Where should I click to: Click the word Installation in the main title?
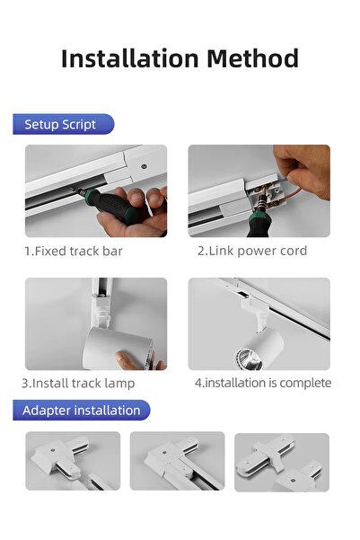coord(130,58)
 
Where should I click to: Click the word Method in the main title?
coord(252,58)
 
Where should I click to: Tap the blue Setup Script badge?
coord(64,124)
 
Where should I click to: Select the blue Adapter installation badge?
coord(81,410)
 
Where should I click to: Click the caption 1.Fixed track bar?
coord(74,251)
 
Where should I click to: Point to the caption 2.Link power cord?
coord(252,251)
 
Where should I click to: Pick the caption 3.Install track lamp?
coord(78,383)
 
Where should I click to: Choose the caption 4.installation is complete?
coord(263,383)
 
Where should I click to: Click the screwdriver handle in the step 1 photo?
coord(114,206)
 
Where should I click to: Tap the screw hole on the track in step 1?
coord(145,166)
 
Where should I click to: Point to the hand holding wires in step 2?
coord(302,170)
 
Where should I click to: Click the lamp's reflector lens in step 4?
coord(249,359)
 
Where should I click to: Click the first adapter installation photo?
coord(73,461)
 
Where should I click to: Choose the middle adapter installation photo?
coord(177,461)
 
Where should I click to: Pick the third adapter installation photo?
coord(282,462)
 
